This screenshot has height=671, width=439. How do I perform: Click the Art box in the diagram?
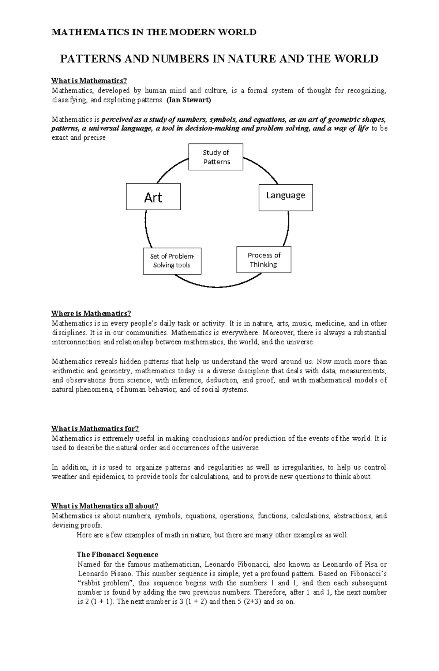[x=153, y=197]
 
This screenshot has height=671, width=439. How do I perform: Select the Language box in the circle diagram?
[x=286, y=197]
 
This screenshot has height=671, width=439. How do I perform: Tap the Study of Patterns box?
[x=216, y=157]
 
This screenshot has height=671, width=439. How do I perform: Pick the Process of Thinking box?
[x=264, y=260]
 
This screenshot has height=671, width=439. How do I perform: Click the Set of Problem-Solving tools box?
[x=172, y=261]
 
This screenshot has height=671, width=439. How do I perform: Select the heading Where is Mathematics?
[x=91, y=313]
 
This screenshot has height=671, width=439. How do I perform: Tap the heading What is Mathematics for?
[x=95, y=429]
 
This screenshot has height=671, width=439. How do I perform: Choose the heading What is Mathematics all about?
[x=105, y=506]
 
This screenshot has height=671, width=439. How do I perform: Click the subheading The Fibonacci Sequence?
[x=117, y=554]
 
